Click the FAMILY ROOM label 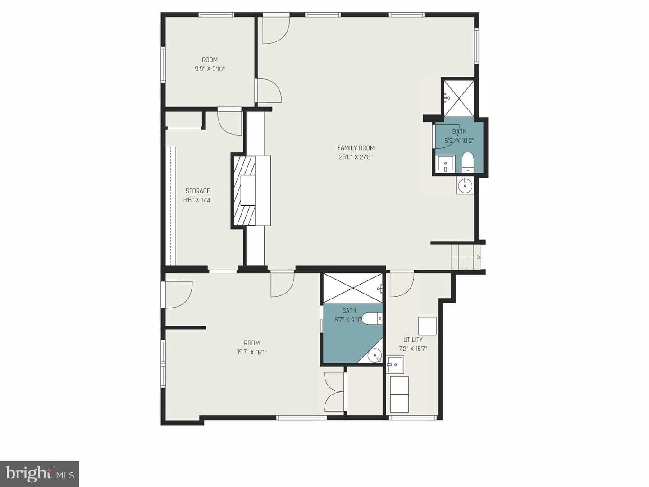[x=356, y=148]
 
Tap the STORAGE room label [x=197, y=191]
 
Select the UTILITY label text [x=413, y=340]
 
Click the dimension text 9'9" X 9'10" [x=210, y=69]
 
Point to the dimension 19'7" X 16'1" [x=251, y=352]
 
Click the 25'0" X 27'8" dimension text [x=356, y=157]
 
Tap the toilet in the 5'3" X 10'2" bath [x=468, y=162]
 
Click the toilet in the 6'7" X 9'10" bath [x=373, y=319]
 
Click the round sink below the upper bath [x=465, y=185]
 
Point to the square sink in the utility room [x=395, y=365]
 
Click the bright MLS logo [x=40, y=473]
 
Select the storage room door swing [x=229, y=124]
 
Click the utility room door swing [x=402, y=284]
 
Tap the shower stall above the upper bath [x=459, y=98]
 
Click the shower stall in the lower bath [x=353, y=288]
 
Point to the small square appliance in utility [x=428, y=326]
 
